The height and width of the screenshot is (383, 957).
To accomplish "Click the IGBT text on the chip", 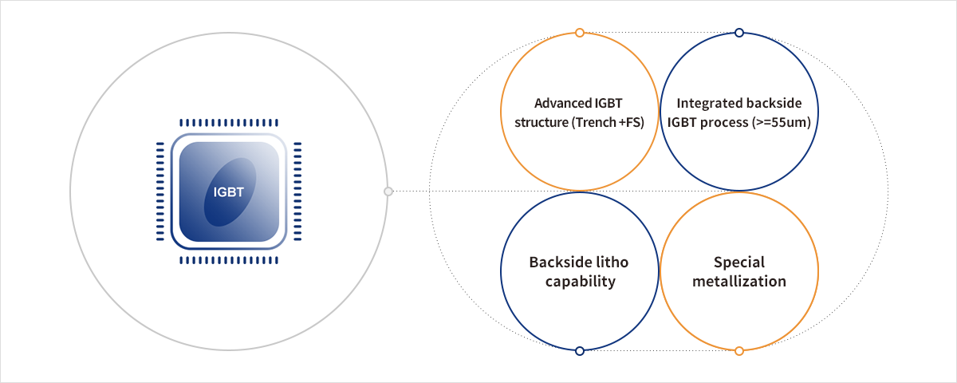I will tap(228, 191).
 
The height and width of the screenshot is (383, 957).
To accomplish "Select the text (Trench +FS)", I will tap(607, 123).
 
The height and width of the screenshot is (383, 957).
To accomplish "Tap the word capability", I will tap(580, 282).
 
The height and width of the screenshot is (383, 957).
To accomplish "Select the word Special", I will tap(739, 263).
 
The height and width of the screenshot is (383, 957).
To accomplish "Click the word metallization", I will tap(739, 282).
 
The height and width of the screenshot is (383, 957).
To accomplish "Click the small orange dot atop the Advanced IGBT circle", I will tap(580, 33).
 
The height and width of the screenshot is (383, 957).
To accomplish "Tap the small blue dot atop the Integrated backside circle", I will tap(739, 33).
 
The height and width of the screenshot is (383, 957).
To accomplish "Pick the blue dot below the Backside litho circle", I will tap(580, 350).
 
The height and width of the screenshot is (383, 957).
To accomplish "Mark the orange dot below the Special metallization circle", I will tap(739, 350).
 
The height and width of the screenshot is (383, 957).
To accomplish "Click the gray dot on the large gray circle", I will tap(388, 191).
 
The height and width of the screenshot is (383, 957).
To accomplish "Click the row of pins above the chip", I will tap(229, 123).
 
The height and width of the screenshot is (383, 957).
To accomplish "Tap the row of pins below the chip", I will tap(229, 260).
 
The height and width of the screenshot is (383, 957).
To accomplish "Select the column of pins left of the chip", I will tap(160, 191).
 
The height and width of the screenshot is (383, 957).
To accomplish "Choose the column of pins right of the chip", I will tap(297, 191).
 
